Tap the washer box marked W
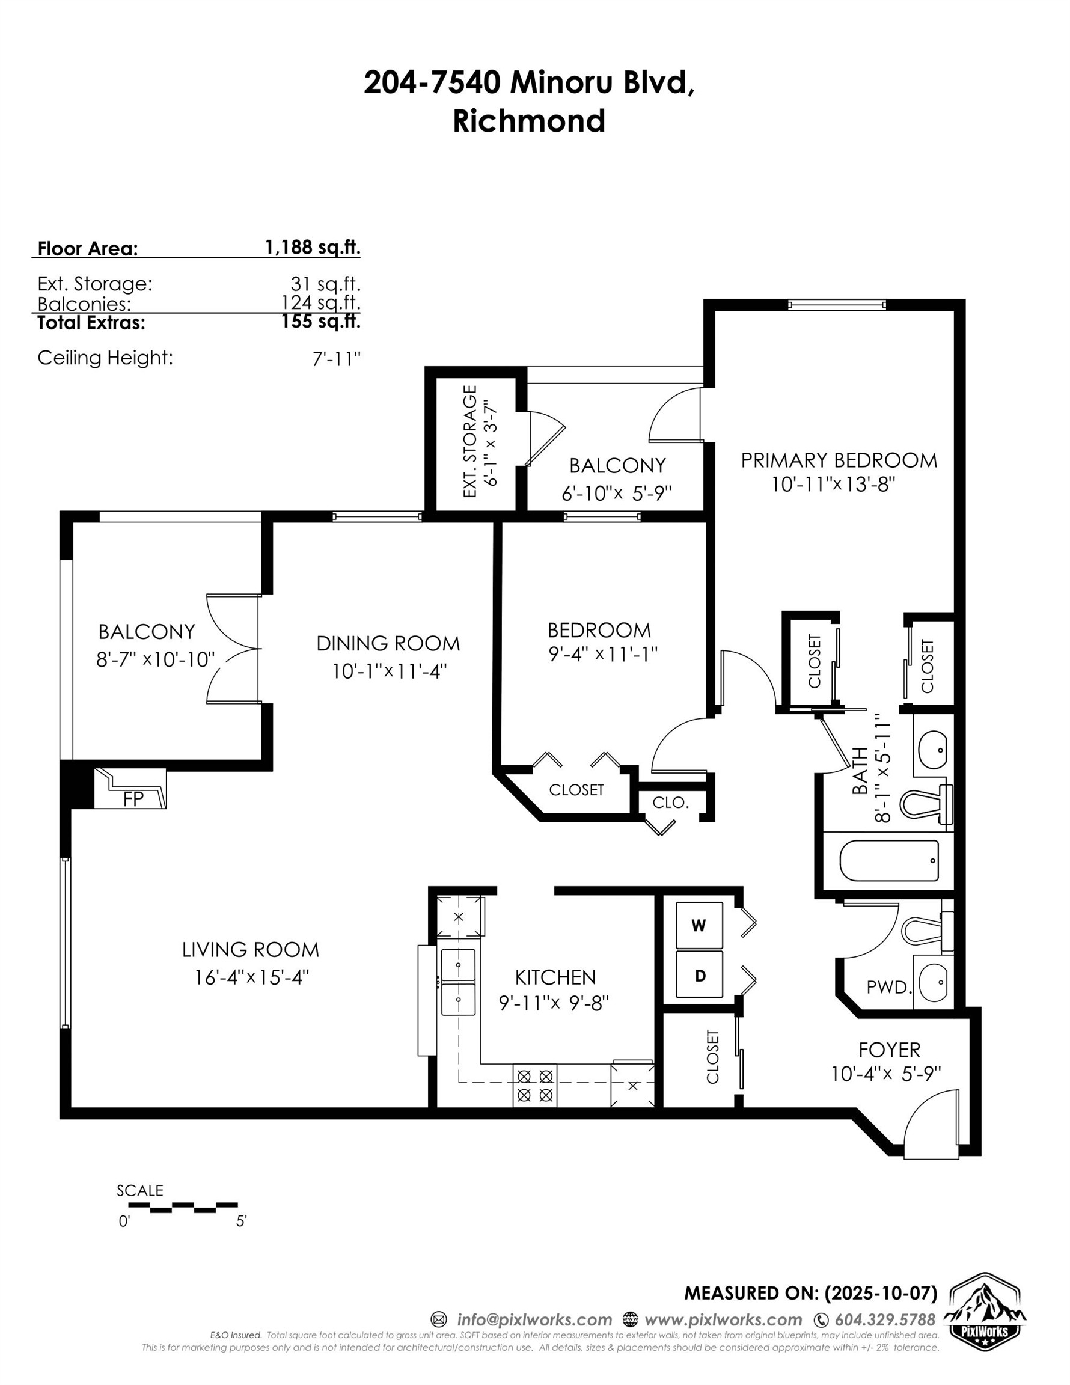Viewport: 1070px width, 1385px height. click(699, 925)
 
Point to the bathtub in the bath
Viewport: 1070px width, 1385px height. click(888, 861)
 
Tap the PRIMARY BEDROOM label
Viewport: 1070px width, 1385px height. click(839, 460)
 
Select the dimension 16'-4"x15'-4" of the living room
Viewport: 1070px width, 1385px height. click(251, 977)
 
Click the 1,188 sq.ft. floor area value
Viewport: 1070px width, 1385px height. click(312, 247)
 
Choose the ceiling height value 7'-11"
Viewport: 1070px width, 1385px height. click(336, 359)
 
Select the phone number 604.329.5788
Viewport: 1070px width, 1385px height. click(885, 1320)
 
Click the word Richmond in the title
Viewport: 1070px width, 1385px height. click(528, 120)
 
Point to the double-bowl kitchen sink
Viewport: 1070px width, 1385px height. click(458, 982)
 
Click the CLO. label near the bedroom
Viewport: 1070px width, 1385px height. click(670, 803)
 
